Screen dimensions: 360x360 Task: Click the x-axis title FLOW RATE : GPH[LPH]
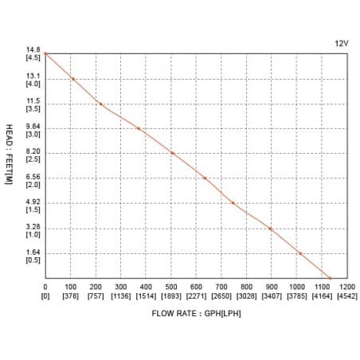pyautogui.click(x=196, y=313)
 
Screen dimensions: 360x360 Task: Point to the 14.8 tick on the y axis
pyautogui.click(x=33, y=50)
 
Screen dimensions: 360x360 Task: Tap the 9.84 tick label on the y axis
pyautogui.click(x=33, y=127)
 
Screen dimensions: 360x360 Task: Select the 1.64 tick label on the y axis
pyautogui.click(x=33, y=252)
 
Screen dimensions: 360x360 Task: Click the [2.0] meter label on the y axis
pyautogui.click(x=33, y=185)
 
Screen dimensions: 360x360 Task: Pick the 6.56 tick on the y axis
pyautogui.click(x=33, y=177)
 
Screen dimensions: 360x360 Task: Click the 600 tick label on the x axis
pyautogui.click(x=197, y=287)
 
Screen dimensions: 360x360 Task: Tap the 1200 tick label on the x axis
pyautogui.click(x=347, y=287)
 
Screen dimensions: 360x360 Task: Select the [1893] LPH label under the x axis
pyautogui.click(x=171, y=295)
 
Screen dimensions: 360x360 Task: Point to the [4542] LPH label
pyautogui.click(x=347, y=295)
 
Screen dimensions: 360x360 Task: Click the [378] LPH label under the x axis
pyautogui.click(x=70, y=295)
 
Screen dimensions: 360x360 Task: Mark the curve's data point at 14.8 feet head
pyautogui.click(x=45, y=53)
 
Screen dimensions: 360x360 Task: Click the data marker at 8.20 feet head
pyautogui.click(x=172, y=153)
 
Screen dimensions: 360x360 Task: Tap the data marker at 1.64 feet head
pyautogui.click(x=300, y=253)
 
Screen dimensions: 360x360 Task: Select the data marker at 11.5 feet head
pyautogui.click(x=100, y=104)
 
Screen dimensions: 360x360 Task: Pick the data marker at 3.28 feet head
pyautogui.click(x=271, y=229)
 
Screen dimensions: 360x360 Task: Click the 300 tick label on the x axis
pyautogui.click(x=121, y=287)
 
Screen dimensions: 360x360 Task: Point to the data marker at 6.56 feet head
pyautogui.click(x=205, y=178)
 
